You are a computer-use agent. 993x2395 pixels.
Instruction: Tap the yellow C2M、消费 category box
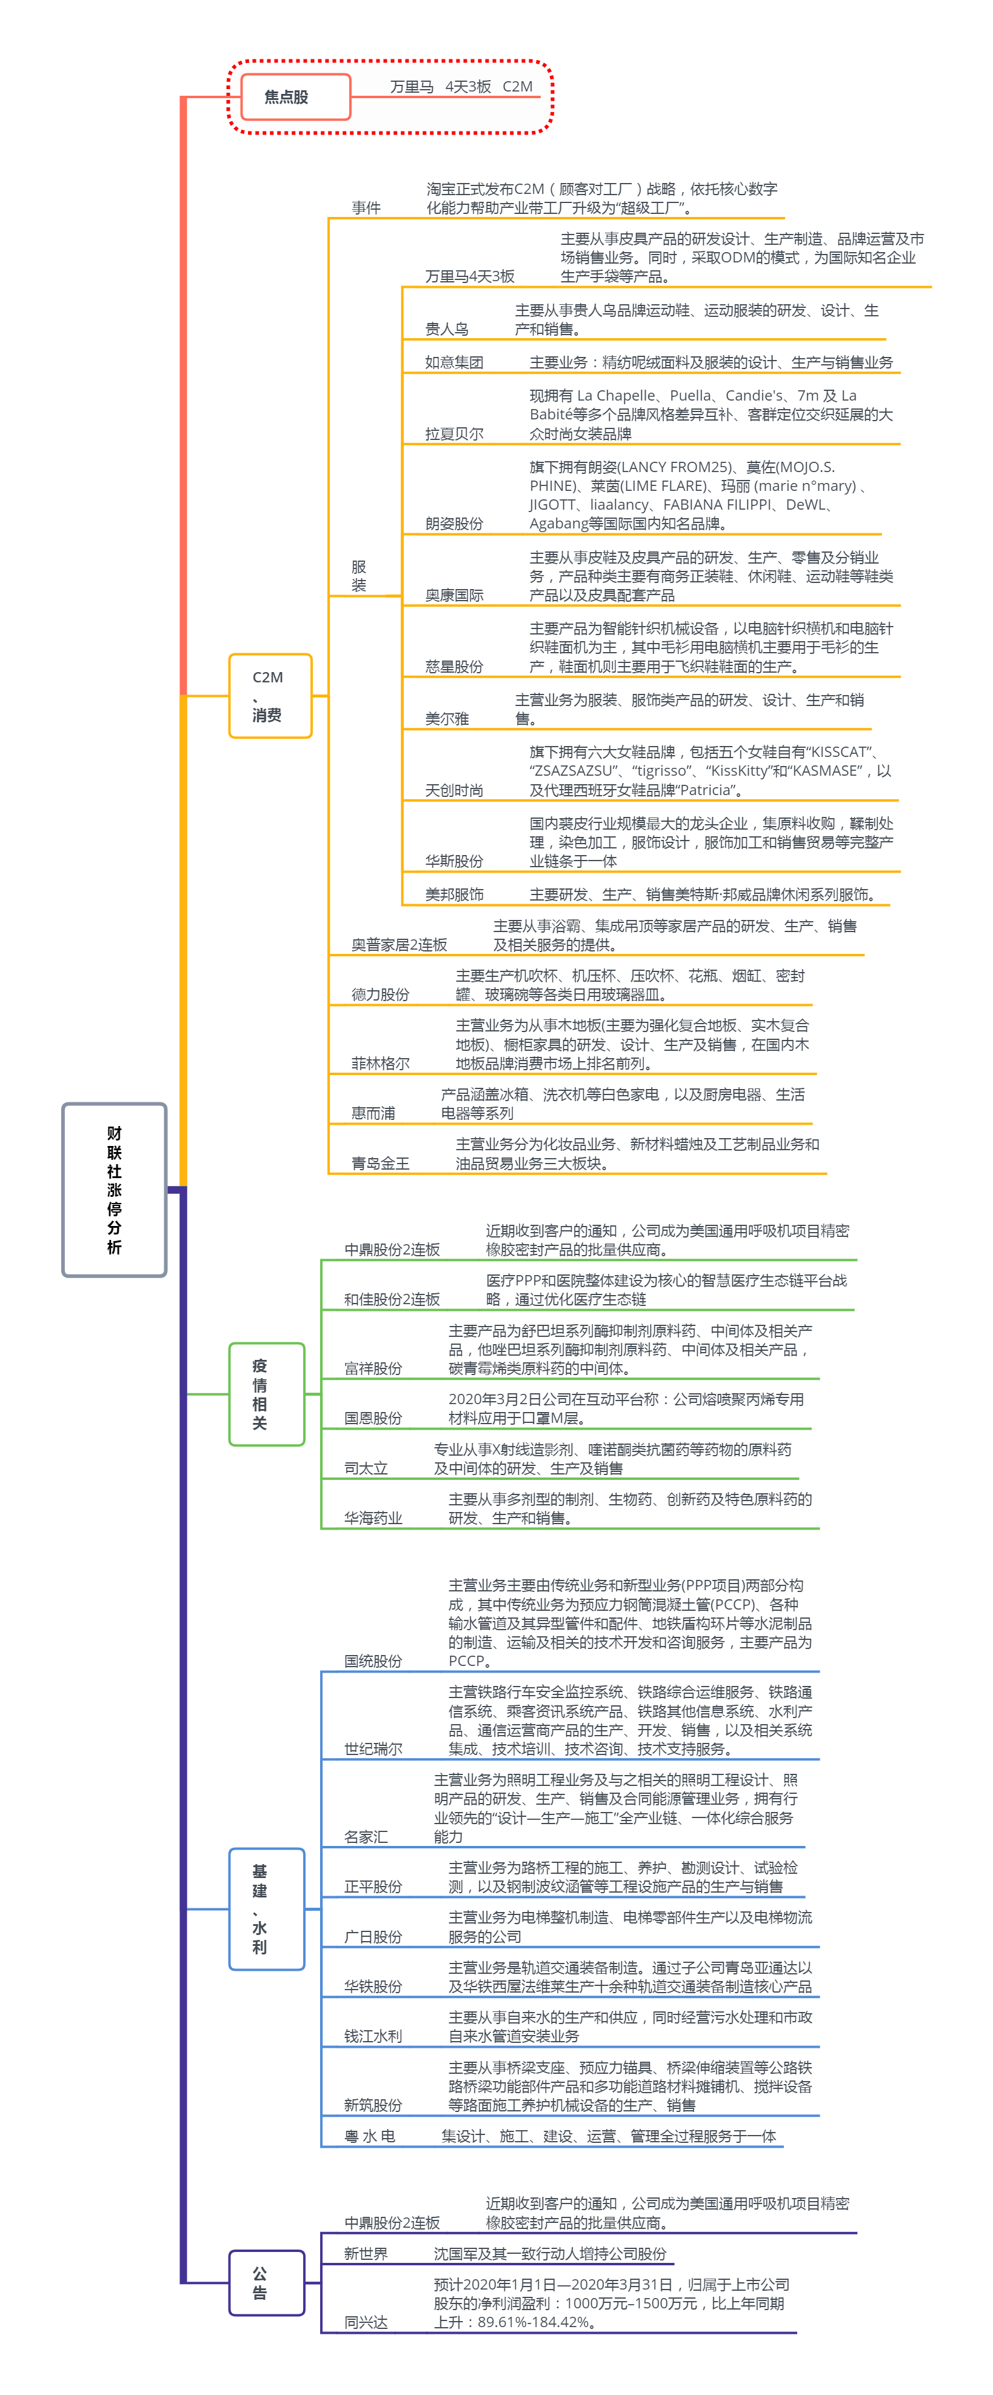coord(270,696)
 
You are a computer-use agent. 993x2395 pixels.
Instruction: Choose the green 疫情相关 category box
coord(266,1394)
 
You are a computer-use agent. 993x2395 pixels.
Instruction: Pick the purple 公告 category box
coord(266,2282)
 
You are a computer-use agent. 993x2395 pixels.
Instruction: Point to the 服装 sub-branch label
coord(359,576)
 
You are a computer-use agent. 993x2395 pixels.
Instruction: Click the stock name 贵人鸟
coord(446,329)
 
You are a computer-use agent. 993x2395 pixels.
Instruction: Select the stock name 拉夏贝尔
coord(453,434)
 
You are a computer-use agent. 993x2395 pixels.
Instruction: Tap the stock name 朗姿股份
coord(453,524)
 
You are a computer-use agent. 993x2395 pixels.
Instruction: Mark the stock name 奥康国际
coord(453,595)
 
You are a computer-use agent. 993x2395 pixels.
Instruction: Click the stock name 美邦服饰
coord(453,894)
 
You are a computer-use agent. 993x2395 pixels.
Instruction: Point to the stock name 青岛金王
coord(380,1163)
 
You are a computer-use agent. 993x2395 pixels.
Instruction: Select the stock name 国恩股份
coord(373,1418)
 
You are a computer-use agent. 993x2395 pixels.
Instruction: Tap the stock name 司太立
coord(366,1468)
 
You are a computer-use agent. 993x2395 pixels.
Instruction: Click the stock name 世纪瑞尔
coord(373,1749)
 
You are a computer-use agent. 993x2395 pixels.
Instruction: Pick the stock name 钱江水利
coord(373,2036)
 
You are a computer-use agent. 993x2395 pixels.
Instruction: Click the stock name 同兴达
coord(366,2322)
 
